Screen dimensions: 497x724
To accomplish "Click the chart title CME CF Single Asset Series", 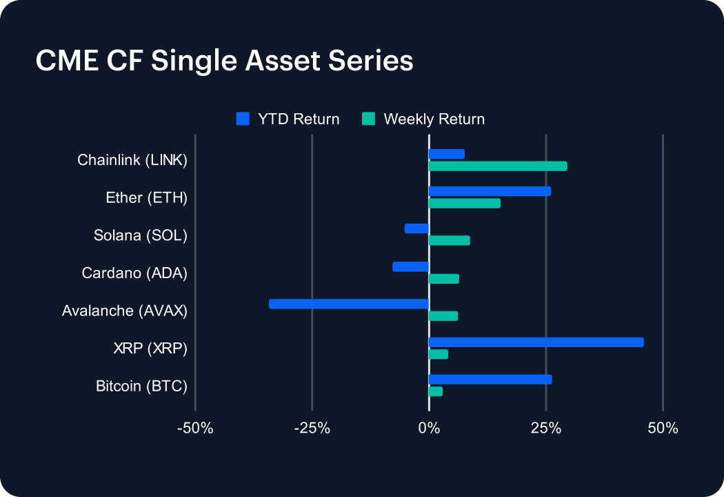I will click(x=224, y=61).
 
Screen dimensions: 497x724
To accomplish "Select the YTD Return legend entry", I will click(x=288, y=119).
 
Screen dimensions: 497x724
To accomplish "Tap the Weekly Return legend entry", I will click(x=423, y=119).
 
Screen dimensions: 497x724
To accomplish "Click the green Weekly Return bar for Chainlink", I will click(x=498, y=166).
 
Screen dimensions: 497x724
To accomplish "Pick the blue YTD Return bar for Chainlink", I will click(x=446, y=154).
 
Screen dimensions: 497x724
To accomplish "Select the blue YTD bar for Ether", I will click(x=490, y=191).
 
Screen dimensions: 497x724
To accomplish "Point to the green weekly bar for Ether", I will click(x=464, y=203).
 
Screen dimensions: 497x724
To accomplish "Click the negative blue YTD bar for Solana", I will click(x=416, y=228).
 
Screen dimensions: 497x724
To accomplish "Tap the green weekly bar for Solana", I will click(x=449, y=240).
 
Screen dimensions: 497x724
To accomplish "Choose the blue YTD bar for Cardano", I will click(x=411, y=266).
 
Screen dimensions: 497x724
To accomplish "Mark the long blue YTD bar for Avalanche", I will click(x=349, y=304).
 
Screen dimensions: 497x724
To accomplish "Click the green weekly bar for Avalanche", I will click(x=443, y=316).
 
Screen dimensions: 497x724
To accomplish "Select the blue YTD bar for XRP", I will click(x=536, y=342).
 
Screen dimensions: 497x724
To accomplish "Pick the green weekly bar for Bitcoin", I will click(x=435, y=391).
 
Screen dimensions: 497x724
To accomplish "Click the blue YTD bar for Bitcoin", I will click(x=490, y=379).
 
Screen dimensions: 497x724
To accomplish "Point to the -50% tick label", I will click(x=195, y=429).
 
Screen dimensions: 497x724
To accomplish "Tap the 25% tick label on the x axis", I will click(x=545, y=429).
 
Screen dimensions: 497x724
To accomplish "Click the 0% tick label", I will click(x=429, y=429).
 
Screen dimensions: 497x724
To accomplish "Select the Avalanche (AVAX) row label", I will click(x=125, y=311).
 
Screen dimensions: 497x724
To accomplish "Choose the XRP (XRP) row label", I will click(x=150, y=349).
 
